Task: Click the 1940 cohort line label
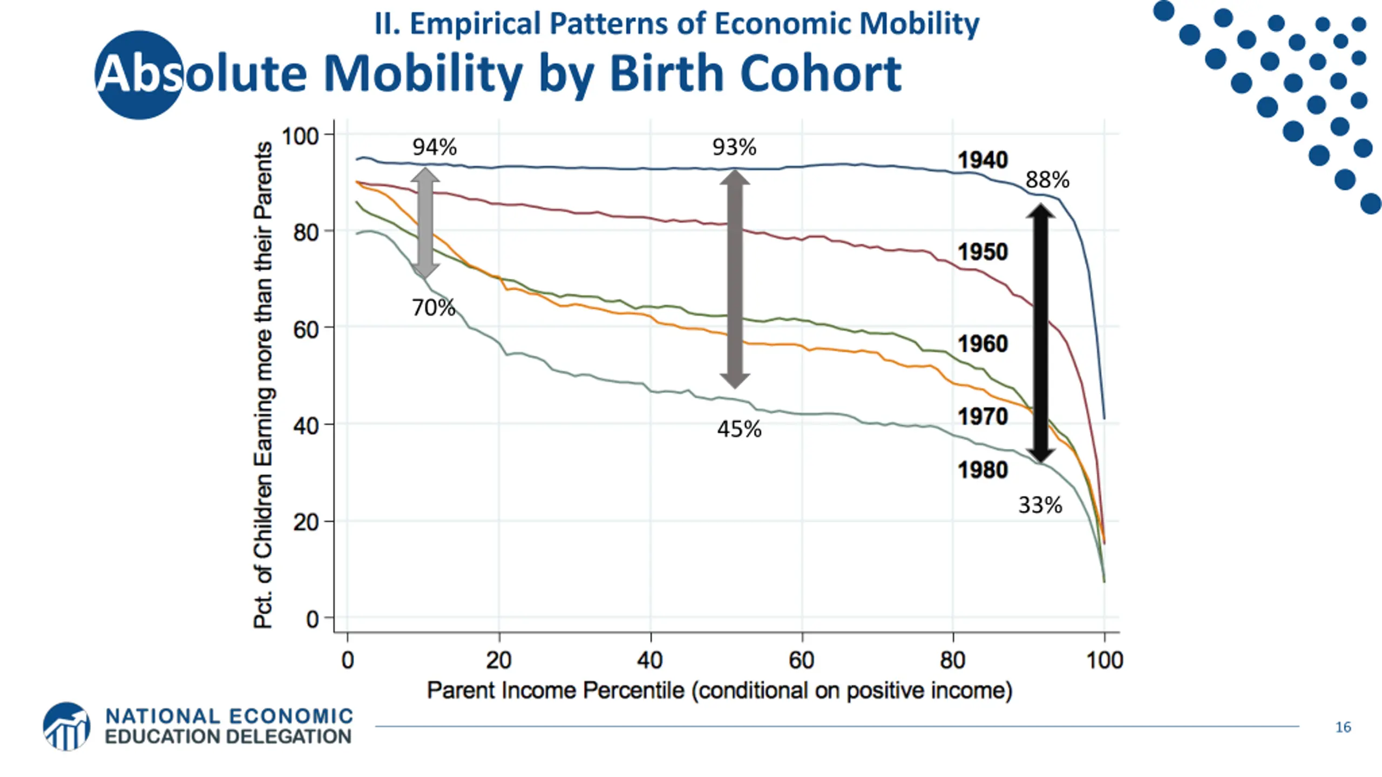click(x=983, y=160)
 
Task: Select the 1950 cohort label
click(x=983, y=252)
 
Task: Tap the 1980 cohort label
click(x=983, y=470)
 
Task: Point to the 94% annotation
click(x=435, y=147)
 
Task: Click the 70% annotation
click(x=433, y=308)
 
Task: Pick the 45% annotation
click(x=739, y=430)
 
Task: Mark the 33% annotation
click(x=1040, y=506)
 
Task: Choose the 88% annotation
click(x=1047, y=180)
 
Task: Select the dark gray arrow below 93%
click(x=735, y=279)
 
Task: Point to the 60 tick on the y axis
click(x=306, y=329)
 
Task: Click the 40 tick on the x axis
click(x=650, y=660)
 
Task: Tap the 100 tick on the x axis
click(x=1105, y=660)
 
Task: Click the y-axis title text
click(x=263, y=385)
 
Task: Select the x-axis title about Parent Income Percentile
click(x=720, y=691)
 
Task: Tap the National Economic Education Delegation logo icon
click(x=66, y=726)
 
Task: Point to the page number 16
click(x=1343, y=727)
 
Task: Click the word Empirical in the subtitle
click(x=476, y=24)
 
